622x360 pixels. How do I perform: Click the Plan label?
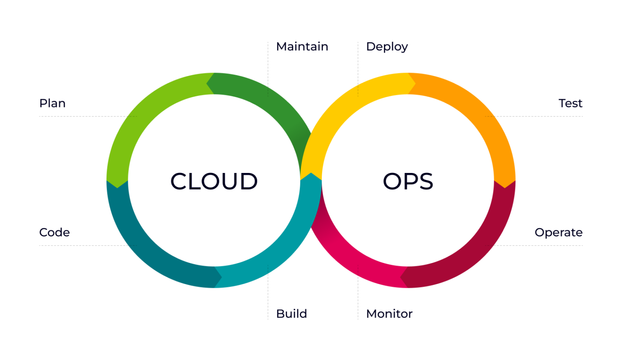[x=52, y=103]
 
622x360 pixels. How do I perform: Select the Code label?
[x=54, y=232]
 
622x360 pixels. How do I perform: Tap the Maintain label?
[x=302, y=46]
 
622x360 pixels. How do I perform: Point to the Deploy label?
[x=387, y=47]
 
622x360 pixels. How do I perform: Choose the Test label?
[x=570, y=103]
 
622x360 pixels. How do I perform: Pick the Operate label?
[x=558, y=232]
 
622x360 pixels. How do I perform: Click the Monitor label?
[x=389, y=314]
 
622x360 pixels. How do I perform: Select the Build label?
[x=292, y=314]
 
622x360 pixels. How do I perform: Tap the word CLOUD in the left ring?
[x=214, y=182]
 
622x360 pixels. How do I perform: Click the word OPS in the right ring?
[x=408, y=182]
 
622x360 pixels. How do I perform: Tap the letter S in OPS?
[x=425, y=182]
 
